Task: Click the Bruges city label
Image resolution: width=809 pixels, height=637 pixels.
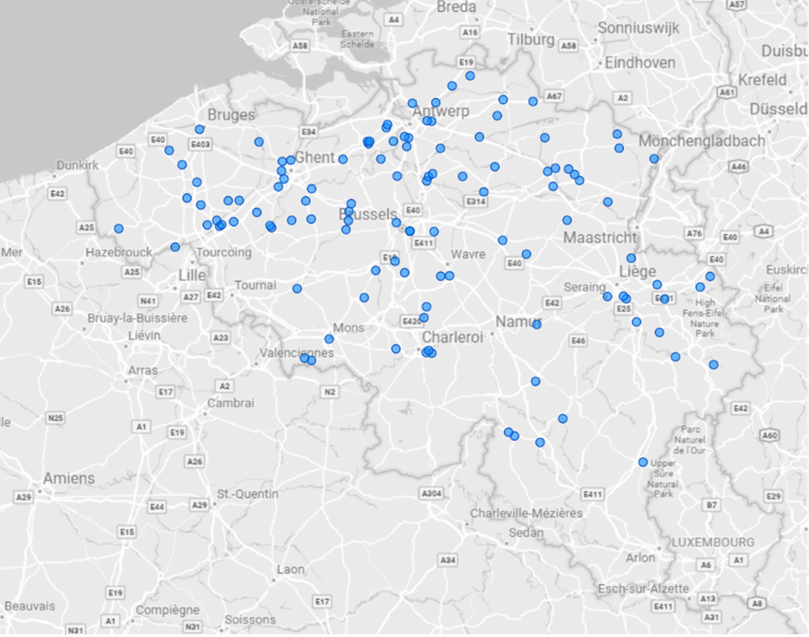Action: point(231,115)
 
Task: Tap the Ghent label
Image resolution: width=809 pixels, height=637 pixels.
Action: point(314,157)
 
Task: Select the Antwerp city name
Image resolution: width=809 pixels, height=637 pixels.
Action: point(441,111)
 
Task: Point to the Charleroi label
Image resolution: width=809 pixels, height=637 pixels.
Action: point(452,337)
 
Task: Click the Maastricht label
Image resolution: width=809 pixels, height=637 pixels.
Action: point(600,238)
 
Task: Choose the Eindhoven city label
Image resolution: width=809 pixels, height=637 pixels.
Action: point(640,63)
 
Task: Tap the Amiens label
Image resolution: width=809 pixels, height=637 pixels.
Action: point(69,478)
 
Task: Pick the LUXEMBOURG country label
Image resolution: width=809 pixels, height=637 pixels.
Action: point(713,542)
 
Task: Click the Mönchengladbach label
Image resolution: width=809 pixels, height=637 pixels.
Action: point(702,141)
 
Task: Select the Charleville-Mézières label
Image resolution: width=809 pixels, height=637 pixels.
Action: point(526,513)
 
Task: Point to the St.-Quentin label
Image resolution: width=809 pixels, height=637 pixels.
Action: point(247,494)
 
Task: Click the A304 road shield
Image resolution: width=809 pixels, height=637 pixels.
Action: point(431,493)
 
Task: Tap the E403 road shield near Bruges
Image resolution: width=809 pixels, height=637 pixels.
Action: point(200,145)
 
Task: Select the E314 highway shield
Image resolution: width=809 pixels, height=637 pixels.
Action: point(476,202)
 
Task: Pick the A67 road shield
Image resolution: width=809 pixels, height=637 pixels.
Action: point(554,96)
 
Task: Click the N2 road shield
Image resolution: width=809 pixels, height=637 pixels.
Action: point(330,392)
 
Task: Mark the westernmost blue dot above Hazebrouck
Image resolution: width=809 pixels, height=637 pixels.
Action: point(119,229)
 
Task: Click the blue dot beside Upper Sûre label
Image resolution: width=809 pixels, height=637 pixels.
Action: point(643,462)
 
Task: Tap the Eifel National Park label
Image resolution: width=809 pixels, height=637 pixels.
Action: point(773,298)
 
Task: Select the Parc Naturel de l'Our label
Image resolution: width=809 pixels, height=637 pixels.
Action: point(690,439)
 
